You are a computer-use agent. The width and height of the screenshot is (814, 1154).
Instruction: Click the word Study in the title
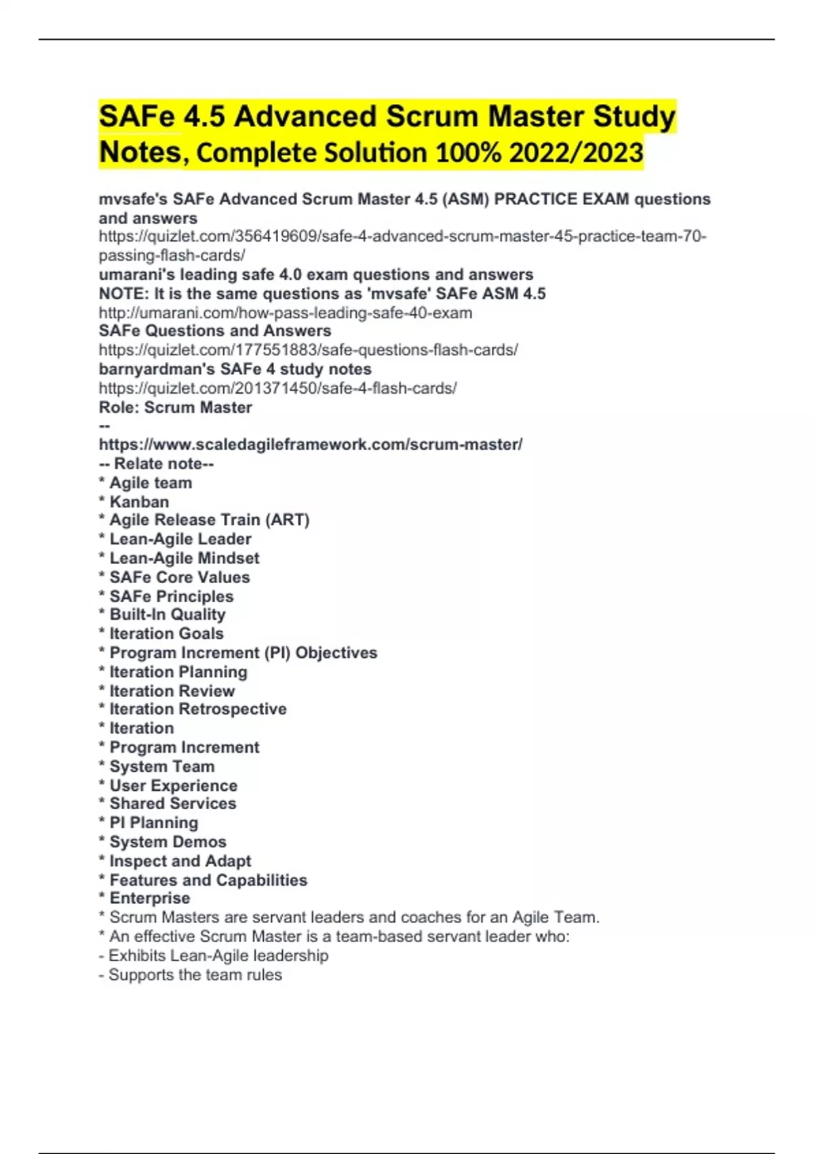click(634, 117)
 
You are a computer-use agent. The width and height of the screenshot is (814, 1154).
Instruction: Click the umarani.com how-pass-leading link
click(286, 313)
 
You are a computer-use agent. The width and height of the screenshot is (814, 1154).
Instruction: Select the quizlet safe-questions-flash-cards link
click(308, 350)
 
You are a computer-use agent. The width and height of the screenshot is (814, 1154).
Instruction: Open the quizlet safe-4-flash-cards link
click(277, 388)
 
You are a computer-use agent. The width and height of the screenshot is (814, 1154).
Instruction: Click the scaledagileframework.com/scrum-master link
click(311, 445)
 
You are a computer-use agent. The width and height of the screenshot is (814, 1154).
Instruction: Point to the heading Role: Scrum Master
click(175, 407)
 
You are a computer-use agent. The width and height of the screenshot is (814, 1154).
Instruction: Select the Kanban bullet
click(139, 502)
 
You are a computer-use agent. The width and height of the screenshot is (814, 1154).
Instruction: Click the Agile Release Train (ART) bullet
click(209, 520)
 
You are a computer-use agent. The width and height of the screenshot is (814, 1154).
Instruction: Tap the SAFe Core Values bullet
click(179, 577)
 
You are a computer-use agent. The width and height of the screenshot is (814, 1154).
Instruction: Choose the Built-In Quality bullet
click(167, 614)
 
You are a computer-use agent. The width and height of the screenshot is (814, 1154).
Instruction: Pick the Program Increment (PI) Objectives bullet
click(243, 652)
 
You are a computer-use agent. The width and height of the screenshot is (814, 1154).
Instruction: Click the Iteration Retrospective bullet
click(197, 709)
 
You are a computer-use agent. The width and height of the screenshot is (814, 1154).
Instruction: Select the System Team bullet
click(161, 766)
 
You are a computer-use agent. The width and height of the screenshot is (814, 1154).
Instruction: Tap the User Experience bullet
click(173, 785)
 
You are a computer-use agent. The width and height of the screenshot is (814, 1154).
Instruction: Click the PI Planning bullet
click(153, 823)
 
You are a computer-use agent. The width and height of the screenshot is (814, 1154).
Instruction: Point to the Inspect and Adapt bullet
click(180, 861)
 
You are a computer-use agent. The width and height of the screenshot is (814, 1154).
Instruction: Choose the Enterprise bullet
click(149, 898)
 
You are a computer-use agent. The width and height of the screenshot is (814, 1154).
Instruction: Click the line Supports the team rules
click(195, 975)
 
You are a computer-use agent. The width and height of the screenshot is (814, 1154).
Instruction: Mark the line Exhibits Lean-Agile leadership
click(218, 956)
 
